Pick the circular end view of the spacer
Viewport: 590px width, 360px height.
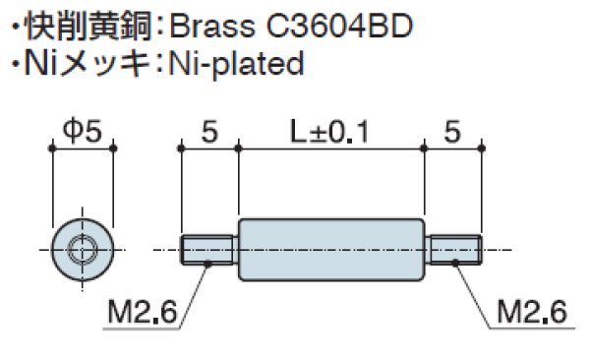tap(83, 249)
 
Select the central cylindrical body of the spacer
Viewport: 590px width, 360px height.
tap(331, 250)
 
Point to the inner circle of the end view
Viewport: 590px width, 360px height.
tap(83, 249)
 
